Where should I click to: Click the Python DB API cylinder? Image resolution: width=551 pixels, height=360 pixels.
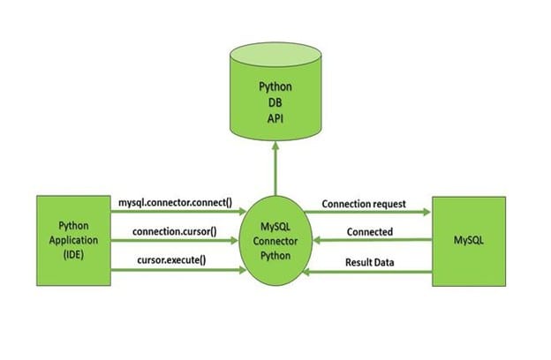click(275, 92)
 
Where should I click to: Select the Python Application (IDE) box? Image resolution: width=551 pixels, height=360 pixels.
click(73, 241)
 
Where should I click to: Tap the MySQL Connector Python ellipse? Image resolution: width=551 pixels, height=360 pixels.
click(275, 241)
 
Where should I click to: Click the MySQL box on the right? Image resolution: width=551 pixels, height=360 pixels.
click(469, 241)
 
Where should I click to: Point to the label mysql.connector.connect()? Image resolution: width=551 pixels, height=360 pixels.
click(176, 203)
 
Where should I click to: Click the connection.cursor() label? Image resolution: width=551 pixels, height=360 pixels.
click(175, 231)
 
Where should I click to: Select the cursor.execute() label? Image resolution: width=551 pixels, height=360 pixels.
click(171, 260)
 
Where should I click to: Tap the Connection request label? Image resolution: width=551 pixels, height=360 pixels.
click(364, 204)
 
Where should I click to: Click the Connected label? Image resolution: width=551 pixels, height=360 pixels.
click(370, 232)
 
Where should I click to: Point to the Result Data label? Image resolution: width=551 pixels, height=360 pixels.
click(370, 262)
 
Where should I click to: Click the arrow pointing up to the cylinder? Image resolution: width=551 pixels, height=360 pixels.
click(275, 169)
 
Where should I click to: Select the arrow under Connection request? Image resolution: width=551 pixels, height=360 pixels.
click(367, 212)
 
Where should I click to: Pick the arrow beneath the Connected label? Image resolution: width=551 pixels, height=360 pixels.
click(373, 240)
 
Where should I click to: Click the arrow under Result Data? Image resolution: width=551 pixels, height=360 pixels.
click(367, 272)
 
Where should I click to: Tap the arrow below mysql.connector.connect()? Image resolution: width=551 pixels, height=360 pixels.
click(178, 212)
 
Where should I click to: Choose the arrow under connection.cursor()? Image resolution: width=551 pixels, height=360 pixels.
click(174, 241)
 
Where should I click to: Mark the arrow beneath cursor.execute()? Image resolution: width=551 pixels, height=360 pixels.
click(178, 270)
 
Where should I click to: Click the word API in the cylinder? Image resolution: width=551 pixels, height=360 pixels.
click(275, 119)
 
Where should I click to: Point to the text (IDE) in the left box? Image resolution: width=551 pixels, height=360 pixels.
click(73, 254)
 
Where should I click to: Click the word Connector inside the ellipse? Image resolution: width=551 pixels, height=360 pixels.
click(275, 241)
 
